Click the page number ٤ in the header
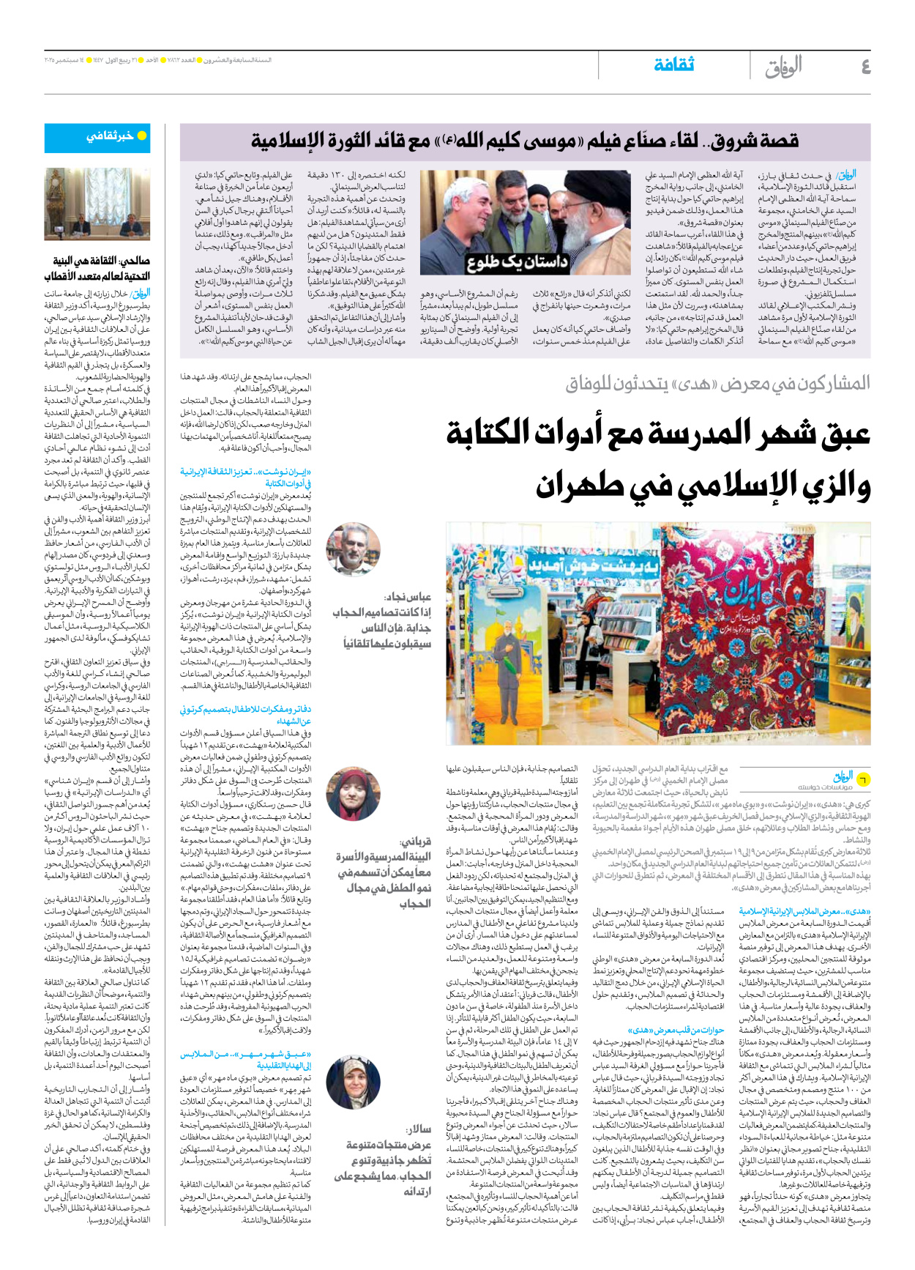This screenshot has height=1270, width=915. point(864,67)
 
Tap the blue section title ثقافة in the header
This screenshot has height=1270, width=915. point(673,65)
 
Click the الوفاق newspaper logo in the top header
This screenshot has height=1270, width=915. point(783,67)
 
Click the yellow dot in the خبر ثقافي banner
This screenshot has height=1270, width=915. point(142,135)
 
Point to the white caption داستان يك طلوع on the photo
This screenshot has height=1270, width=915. point(517,262)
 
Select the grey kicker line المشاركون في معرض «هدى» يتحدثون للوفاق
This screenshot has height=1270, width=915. point(717,383)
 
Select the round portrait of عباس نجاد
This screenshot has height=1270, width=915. point(353,550)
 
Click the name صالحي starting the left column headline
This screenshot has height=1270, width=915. point(134,261)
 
